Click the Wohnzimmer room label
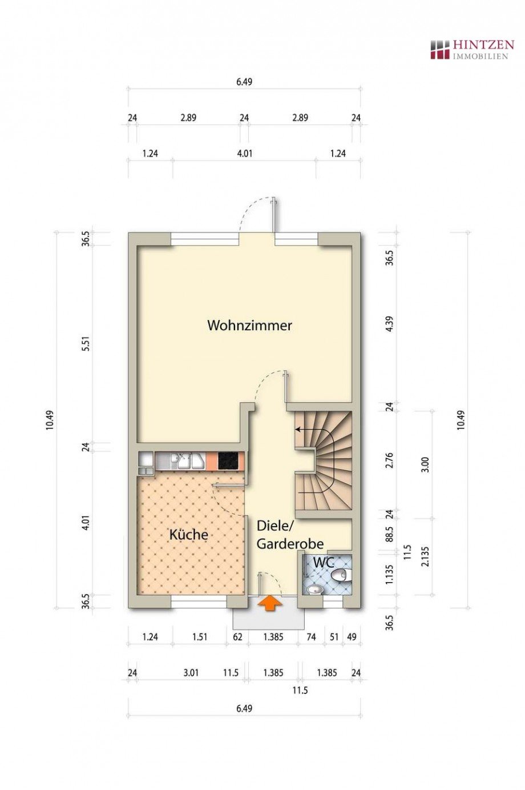pyautogui.click(x=249, y=326)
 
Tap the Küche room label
pyautogui.click(x=188, y=535)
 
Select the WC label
pyautogui.click(x=323, y=562)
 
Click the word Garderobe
pyautogui.click(x=290, y=544)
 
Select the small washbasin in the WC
pyautogui.click(x=313, y=589)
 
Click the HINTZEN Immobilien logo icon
pyautogui.click(x=439, y=49)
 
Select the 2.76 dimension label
pyautogui.click(x=390, y=460)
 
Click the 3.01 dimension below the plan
pyautogui.click(x=191, y=672)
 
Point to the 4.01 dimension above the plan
pyautogui.click(x=244, y=153)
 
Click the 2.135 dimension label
pyautogui.click(x=424, y=556)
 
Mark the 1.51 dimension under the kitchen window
pyautogui.click(x=200, y=637)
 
